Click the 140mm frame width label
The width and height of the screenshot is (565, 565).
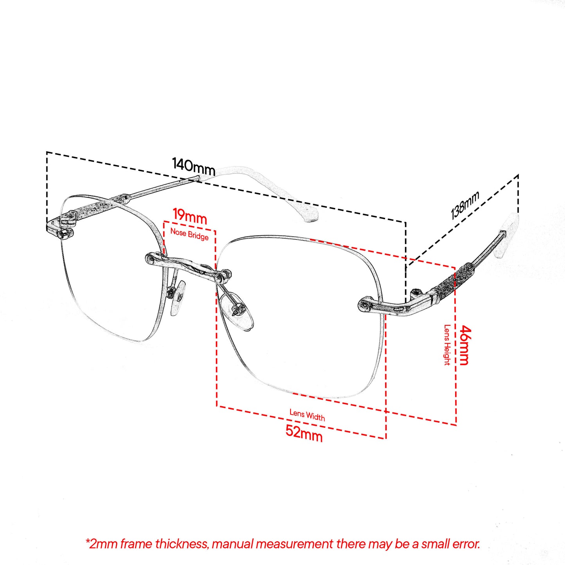coord(194,167)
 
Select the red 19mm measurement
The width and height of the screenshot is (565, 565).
coord(190,216)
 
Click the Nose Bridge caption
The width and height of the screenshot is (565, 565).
coord(189,234)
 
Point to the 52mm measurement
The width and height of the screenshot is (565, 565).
coord(304,433)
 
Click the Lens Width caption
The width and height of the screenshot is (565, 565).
coord(307,415)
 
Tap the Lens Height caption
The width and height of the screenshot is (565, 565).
coord(447,345)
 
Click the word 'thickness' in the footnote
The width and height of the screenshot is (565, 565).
coord(182,544)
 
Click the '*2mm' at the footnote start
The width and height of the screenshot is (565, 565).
coord(101,544)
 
